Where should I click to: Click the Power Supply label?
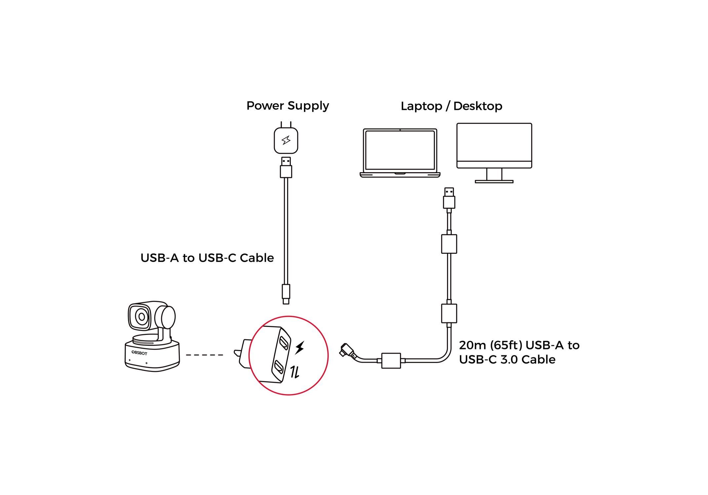pos(287,106)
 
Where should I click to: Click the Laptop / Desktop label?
pos(451,106)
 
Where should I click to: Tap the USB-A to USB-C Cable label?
pos(207,258)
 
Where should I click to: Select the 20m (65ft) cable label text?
pos(519,352)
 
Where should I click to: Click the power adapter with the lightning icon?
pos(286,141)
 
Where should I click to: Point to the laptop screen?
pos(400,150)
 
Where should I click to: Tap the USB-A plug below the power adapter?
pos(286,168)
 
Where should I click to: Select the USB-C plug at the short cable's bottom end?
pos(286,294)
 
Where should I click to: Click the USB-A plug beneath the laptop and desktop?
pos(449,198)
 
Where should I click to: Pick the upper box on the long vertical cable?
pos(449,244)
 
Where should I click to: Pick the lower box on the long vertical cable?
pos(449,313)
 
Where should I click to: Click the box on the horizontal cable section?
pos(391,360)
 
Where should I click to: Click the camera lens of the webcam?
pos(142,317)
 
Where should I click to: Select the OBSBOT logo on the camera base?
pos(139,353)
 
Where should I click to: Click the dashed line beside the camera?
pos(205,355)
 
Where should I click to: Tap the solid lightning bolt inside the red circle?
pos(300,348)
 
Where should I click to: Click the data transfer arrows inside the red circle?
pos(295,372)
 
